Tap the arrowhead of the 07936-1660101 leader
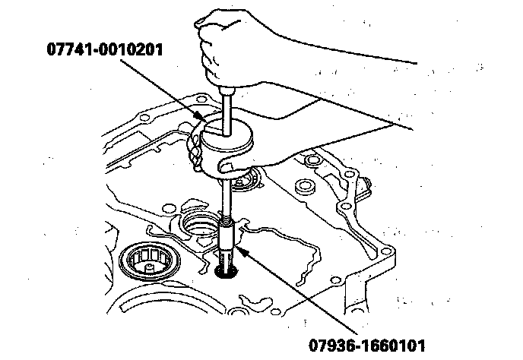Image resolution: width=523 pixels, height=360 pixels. click(x=237, y=242)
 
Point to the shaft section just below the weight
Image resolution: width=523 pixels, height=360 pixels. click(x=227, y=194)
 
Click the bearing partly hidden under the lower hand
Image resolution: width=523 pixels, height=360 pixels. click(x=248, y=181)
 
